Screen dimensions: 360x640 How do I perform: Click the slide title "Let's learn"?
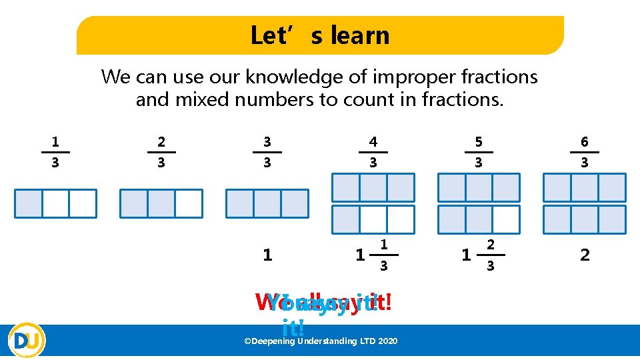pos(319,35)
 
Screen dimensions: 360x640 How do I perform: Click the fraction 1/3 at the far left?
pos(55,152)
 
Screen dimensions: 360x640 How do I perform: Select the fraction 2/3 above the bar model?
pos(161,152)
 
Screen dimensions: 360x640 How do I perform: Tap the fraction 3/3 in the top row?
pos(267,152)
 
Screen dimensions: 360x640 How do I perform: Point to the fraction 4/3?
pos(373,152)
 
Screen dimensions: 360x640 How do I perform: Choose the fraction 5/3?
pos(478,152)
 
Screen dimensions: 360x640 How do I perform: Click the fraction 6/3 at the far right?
pos(585,152)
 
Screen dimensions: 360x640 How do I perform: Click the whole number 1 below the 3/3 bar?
pos(267,255)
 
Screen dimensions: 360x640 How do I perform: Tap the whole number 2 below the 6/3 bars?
pos(585,255)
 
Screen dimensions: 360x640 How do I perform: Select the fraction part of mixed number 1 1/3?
pos(383,255)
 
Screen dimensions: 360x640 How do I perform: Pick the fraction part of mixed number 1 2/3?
pos(490,255)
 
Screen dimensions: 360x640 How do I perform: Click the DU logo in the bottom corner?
pos(27,340)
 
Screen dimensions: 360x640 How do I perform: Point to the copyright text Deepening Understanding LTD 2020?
pos(321,341)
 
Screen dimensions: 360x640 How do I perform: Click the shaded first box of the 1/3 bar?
pos(29,203)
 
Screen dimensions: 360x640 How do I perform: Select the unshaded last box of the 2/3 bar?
pos(188,203)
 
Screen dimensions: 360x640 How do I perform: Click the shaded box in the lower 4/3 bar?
pos(346,219)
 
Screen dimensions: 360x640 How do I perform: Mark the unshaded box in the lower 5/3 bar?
pos(506,219)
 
